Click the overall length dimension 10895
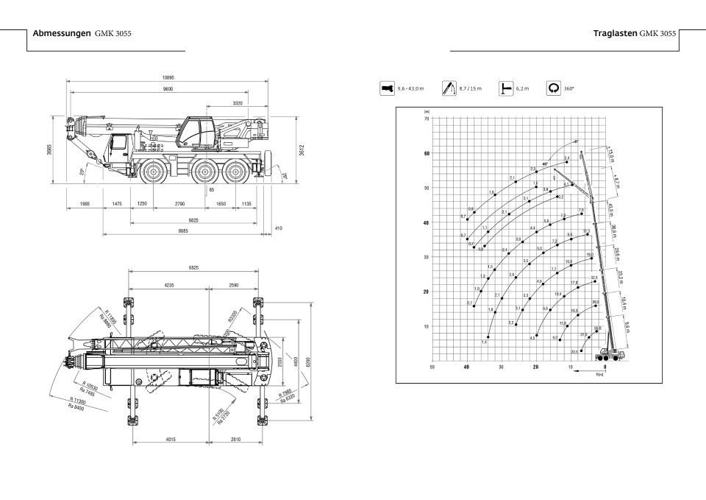coord(168,77)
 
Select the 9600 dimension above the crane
coord(168,88)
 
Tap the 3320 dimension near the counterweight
coord(237,104)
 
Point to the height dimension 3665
coord(49,149)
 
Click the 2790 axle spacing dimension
coord(179,203)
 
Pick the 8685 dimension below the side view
coord(183,231)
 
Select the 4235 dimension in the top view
coord(168,284)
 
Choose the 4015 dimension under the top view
coord(170,440)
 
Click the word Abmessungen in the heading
coord(62,34)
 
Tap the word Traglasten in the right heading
coord(615,34)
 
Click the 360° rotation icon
coord(555,88)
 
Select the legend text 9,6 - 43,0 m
coord(410,88)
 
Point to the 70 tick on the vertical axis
coord(427,119)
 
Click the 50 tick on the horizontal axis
coord(432,366)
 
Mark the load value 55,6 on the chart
coord(597,328)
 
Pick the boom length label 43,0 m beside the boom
coord(613,209)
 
